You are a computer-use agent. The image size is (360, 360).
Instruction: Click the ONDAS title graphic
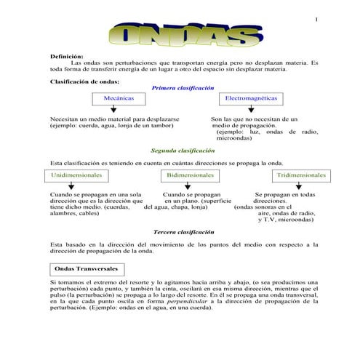[x=181, y=34]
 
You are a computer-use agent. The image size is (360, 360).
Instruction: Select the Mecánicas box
[x=119, y=97]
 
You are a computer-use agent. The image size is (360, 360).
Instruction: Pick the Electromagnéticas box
[x=251, y=97]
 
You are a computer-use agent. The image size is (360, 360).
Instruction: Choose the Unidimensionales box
[x=77, y=176]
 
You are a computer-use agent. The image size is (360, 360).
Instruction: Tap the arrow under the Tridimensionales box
[x=299, y=188]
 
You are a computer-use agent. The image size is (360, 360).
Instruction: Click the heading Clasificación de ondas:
[x=84, y=81]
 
